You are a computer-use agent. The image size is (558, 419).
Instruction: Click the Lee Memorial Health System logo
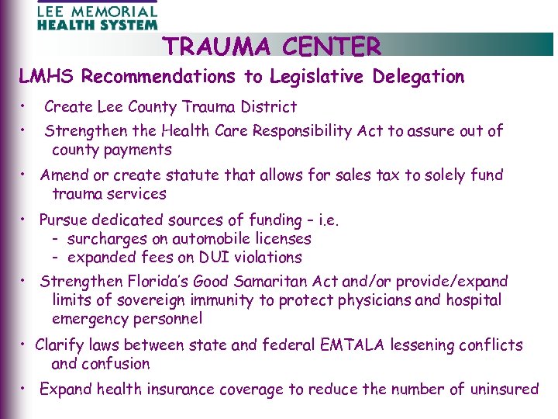[x=96, y=16]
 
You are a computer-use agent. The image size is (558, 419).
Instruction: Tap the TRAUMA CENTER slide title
[x=272, y=47]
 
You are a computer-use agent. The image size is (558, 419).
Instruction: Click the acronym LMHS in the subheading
[x=47, y=77]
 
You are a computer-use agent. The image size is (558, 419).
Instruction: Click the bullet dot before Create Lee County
[x=26, y=105]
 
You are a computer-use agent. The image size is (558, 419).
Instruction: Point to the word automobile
[x=216, y=239]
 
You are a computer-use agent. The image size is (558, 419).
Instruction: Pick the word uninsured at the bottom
[x=498, y=390]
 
